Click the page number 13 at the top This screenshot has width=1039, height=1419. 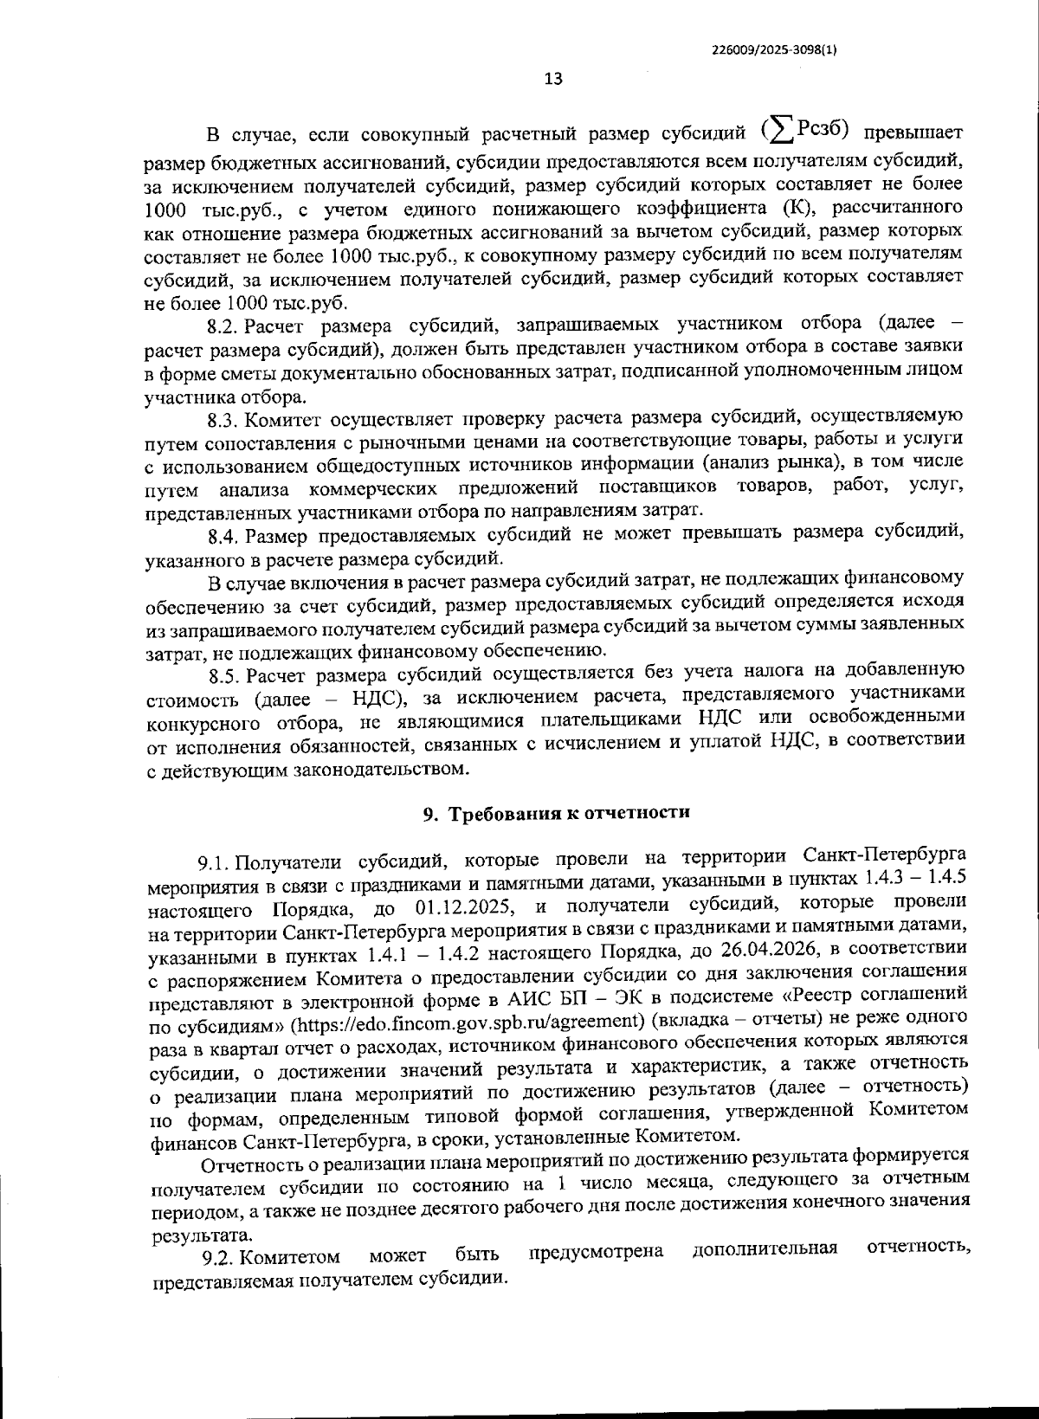click(x=553, y=79)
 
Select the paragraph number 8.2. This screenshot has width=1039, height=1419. click(x=224, y=326)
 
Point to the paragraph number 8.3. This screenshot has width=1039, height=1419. click(x=224, y=421)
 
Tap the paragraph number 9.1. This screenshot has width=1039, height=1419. click(x=213, y=862)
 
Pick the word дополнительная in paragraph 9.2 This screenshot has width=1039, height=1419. click(x=765, y=1249)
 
